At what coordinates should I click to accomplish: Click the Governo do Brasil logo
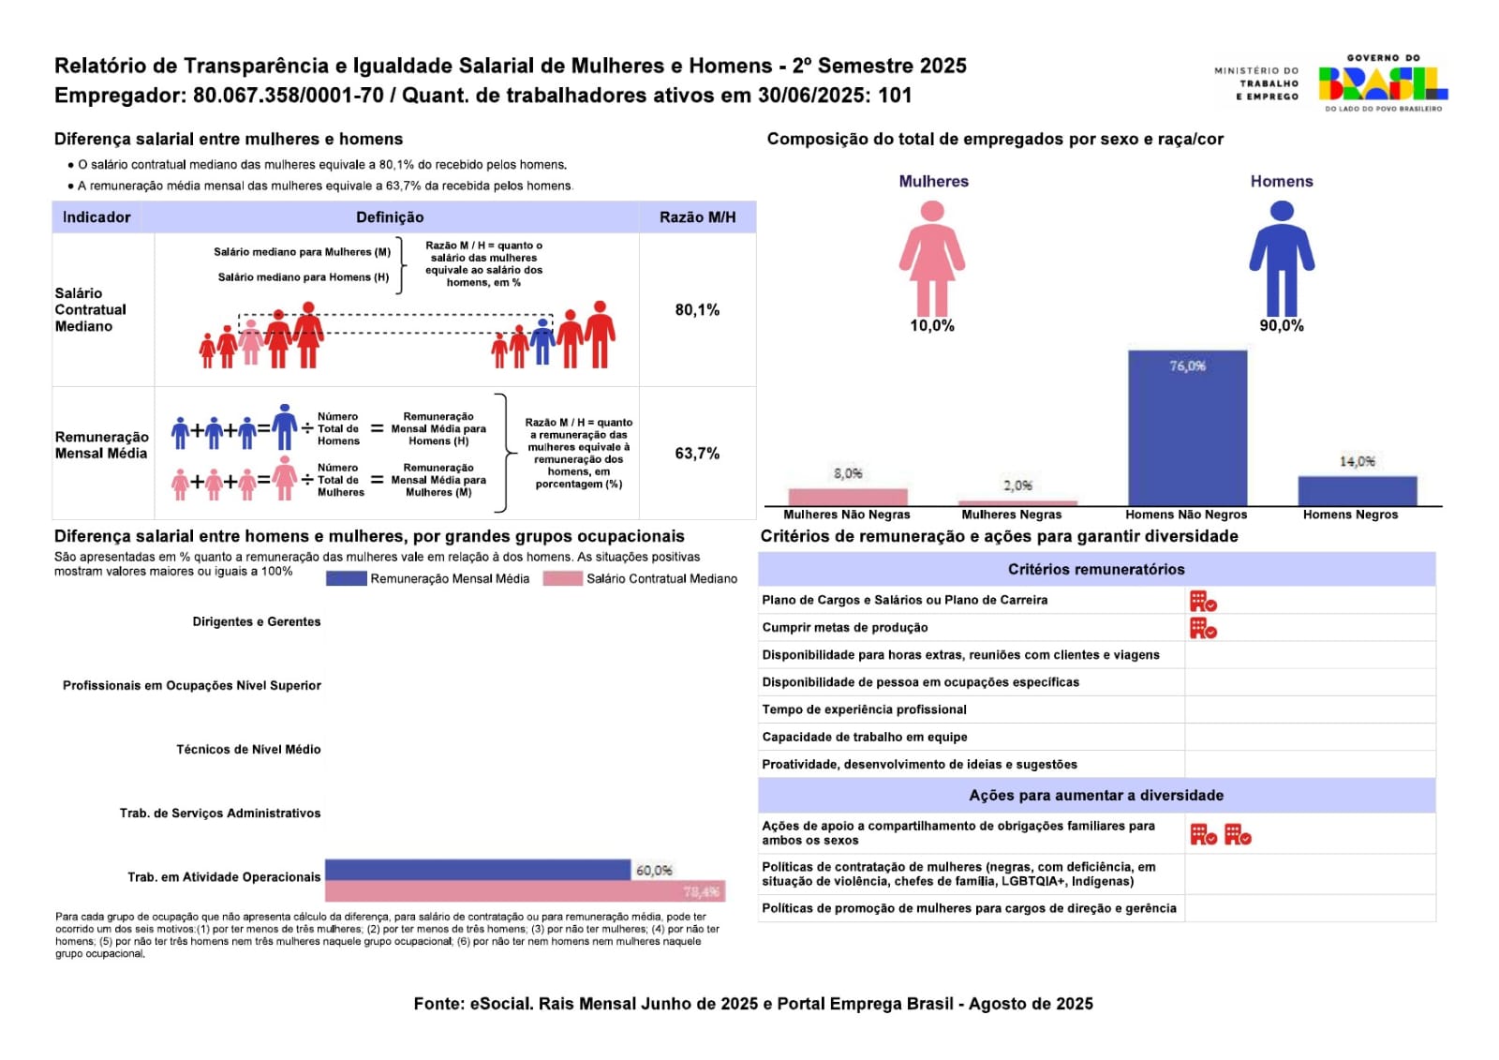[x=1382, y=82]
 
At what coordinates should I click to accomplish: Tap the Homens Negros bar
[x=1357, y=491]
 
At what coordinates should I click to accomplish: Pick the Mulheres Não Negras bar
[x=848, y=497]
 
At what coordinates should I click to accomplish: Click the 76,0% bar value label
[x=1187, y=366]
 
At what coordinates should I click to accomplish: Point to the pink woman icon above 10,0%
[x=932, y=259]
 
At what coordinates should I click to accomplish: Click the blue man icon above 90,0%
[x=1282, y=259]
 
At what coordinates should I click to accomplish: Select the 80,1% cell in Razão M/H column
[x=697, y=310]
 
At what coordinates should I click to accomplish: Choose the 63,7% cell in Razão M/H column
[x=697, y=454]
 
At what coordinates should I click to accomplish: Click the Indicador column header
[x=96, y=217]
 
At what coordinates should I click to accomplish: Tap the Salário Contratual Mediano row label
[x=90, y=310]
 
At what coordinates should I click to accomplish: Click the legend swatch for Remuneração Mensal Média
[x=346, y=579]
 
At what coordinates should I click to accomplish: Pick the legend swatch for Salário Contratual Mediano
[x=562, y=579]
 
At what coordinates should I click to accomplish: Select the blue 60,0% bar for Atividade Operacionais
[x=478, y=870]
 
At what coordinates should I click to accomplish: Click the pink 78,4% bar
[x=525, y=891]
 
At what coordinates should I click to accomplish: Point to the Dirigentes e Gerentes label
[x=256, y=622]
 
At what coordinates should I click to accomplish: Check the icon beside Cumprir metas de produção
[x=1203, y=628]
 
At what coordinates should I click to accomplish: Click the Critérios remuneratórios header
[x=1096, y=570]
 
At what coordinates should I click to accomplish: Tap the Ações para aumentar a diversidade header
[x=1096, y=796]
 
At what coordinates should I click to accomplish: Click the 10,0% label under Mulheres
[x=932, y=326]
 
